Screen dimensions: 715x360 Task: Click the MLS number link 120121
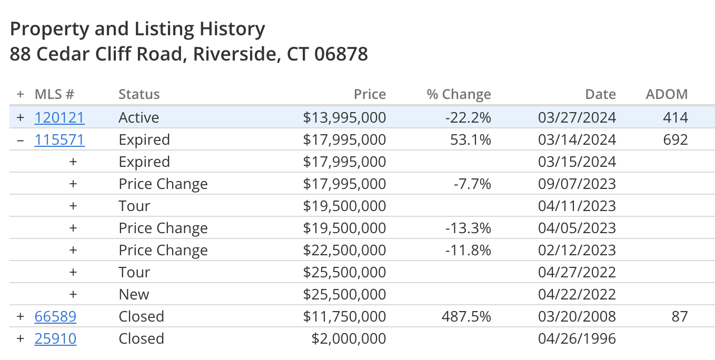click(59, 117)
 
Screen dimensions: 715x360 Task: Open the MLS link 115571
click(59, 139)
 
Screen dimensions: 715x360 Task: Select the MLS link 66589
click(55, 316)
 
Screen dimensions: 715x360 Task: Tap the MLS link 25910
click(55, 338)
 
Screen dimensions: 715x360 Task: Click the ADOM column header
click(667, 94)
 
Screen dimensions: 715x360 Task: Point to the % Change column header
click(459, 94)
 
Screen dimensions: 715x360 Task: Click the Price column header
click(370, 94)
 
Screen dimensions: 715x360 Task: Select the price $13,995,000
click(344, 118)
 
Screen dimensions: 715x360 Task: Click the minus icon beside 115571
click(21, 140)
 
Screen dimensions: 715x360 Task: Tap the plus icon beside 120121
click(21, 117)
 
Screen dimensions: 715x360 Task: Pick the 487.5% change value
click(466, 316)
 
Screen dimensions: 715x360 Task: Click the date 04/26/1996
click(577, 338)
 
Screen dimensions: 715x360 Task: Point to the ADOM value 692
click(676, 139)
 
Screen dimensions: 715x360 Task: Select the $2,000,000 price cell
click(349, 338)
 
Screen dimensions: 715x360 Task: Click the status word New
click(134, 294)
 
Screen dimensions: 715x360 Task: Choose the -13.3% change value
click(468, 228)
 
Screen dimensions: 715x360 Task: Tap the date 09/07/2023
click(577, 184)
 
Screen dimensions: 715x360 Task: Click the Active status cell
click(138, 117)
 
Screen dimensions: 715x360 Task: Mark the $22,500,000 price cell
click(344, 250)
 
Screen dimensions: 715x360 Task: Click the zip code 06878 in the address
click(341, 54)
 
